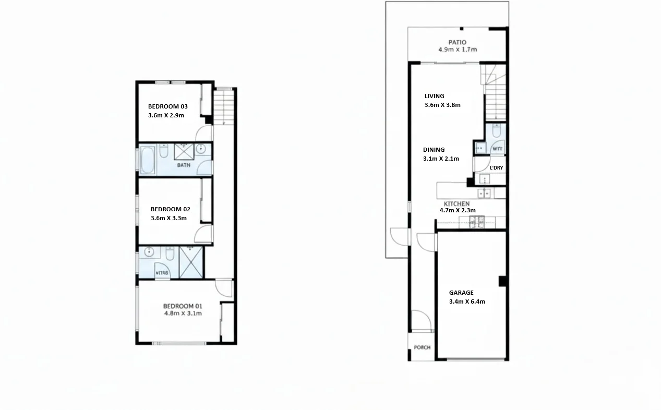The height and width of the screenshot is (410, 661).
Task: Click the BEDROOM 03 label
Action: pyautogui.click(x=167, y=106)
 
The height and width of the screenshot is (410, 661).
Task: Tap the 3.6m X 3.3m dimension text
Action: pyautogui.click(x=169, y=218)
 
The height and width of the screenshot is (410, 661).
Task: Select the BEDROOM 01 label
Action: pyautogui.click(x=183, y=306)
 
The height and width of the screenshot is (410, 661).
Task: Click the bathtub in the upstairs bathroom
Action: pyautogui.click(x=148, y=160)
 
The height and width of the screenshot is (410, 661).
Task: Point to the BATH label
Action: pyautogui.click(x=183, y=165)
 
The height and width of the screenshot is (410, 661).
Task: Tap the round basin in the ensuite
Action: pyautogui.click(x=149, y=252)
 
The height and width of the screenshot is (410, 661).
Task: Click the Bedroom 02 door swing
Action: pyautogui.click(x=204, y=235)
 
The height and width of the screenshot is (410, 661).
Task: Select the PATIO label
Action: pyautogui.click(x=457, y=42)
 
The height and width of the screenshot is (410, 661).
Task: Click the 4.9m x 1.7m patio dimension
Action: pyautogui.click(x=458, y=50)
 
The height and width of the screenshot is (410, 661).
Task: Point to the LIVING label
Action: pyautogui.click(x=434, y=96)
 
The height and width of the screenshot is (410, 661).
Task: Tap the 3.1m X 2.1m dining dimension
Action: pyautogui.click(x=441, y=159)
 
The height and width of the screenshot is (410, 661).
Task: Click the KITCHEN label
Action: pyautogui.click(x=456, y=203)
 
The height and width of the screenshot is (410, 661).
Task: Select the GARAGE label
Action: pyautogui.click(x=461, y=293)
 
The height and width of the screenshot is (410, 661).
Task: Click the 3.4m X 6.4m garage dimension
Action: pyautogui.click(x=467, y=302)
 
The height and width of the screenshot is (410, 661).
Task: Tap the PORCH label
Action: pyautogui.click(x=422, y=347)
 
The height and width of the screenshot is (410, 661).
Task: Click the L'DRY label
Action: pyautogui.click(x=496, y=167)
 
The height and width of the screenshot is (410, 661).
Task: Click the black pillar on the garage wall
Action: pyautogui.click(x=503, y=281)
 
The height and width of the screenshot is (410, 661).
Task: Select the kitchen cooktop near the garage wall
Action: pyautogui.click(x=476, y=223)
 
